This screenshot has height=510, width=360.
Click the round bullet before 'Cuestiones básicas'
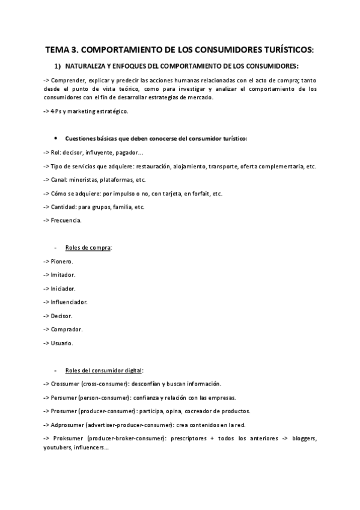56,138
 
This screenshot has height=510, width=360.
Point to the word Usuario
63,343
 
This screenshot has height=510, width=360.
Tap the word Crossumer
68,384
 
